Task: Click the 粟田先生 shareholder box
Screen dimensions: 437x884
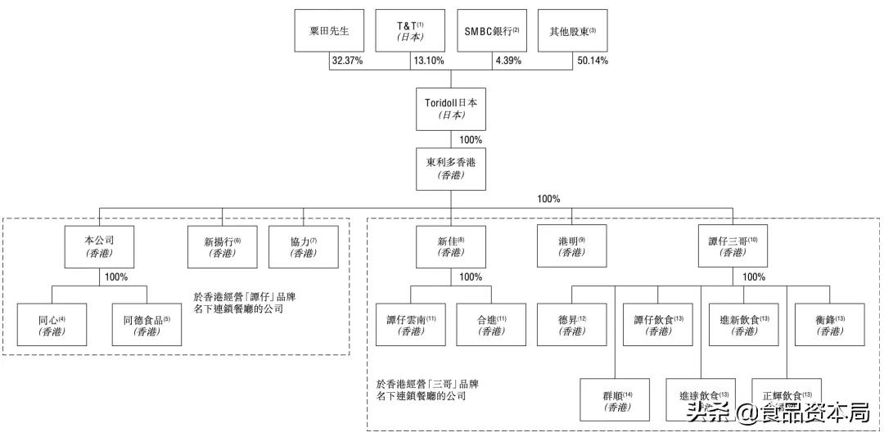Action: [328, 31]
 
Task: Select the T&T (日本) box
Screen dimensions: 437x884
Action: [410, 31]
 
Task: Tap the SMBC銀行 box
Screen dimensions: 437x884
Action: [492, 31]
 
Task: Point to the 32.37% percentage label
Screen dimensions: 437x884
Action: [347, 61]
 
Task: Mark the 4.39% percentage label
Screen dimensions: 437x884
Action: [507, 61]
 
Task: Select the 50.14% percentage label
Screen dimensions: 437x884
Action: [592, 61]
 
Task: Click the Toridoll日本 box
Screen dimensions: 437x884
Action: [450, 109]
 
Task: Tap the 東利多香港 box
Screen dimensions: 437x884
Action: [450, 168]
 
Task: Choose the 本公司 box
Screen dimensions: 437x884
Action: [100, 246]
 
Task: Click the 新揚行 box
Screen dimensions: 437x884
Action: [222, 246]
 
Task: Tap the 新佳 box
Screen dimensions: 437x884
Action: [450, 246]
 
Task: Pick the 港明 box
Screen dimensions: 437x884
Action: [571, 246]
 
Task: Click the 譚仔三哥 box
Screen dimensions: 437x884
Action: [733, 246]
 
